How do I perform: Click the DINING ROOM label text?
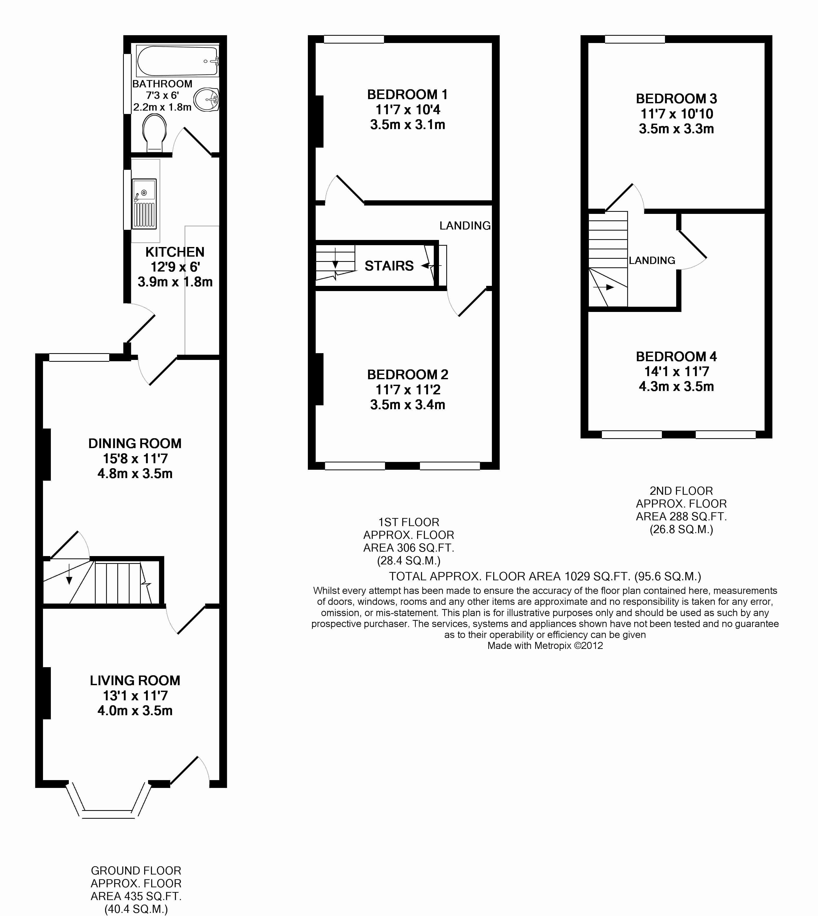tap(135, 443)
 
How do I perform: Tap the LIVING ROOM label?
tap(135, 680)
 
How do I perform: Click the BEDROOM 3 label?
tap(676, 99)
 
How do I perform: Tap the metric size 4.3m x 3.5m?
tap(676, 386)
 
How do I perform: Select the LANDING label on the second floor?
tap(652, 260)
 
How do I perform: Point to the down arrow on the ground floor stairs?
tap(69, 574)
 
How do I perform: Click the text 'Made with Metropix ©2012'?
tap(545, 646)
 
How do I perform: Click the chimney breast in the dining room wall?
tap(47, 455)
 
